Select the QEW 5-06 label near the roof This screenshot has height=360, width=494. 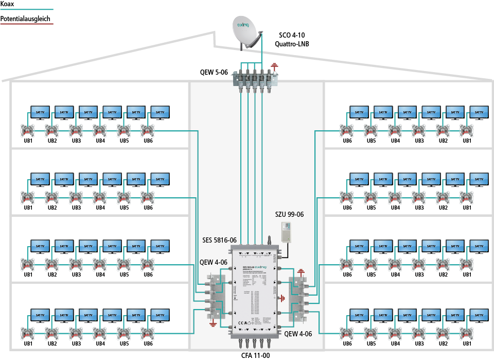[214, 73]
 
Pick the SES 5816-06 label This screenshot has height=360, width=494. [219, 240]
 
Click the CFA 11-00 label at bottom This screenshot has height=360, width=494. [255, 355]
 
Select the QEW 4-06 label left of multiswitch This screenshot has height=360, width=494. [214, 262]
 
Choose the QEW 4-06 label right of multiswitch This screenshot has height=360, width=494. [298, 334]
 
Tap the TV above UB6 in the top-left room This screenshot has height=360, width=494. [160, 112]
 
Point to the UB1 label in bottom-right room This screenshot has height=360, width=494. [467, 344]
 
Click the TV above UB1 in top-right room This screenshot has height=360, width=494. [479, 112]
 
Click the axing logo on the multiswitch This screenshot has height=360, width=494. [261, 267]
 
